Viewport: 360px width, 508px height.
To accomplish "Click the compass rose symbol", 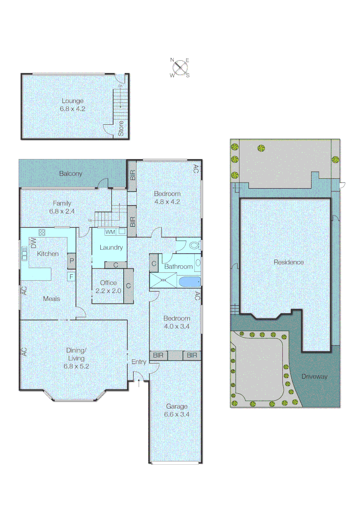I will [x=179, y=67].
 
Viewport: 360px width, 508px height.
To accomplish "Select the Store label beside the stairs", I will [x=121, y=128].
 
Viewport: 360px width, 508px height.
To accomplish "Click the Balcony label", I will [x=71, y=174].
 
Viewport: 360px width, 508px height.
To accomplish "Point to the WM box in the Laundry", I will [x=110, y=232].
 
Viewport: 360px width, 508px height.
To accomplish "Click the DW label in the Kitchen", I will [x=33, y=243].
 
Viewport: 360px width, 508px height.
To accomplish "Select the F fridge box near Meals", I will [x=72, y=277].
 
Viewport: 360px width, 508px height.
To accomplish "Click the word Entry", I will [x=139, y=362].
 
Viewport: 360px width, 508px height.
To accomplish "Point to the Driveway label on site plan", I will [x=314, y=376].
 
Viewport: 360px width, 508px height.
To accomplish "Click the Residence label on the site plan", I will [x=288, y=262].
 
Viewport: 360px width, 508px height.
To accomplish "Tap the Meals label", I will [x=51, y=298].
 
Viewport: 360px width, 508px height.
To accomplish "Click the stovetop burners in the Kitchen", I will [x=41, y=232].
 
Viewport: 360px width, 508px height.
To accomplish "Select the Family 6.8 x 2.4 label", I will [x=62, y=207].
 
